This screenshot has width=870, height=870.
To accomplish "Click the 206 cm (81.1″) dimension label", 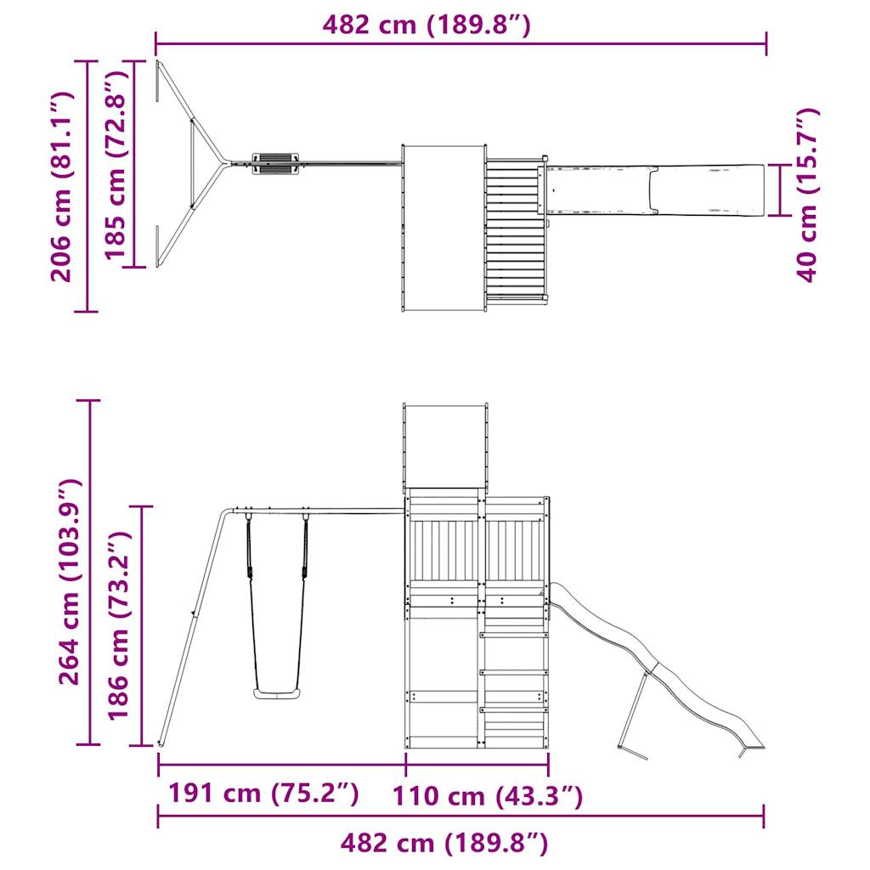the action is [x=61, y=186].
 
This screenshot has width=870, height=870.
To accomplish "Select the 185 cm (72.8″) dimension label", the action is [x=116, y=166].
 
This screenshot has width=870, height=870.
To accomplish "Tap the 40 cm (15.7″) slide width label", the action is [x=807, y=195].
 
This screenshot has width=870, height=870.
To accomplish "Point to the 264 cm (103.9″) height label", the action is [x=70, y=581].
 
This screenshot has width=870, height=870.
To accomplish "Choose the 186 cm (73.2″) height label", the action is [x=118, y=625].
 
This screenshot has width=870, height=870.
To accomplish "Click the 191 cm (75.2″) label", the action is [x=263, y=793].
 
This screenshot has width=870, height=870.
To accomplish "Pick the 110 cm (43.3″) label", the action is [x=488, y=796].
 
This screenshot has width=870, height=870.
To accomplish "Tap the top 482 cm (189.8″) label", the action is [x=427, y=25].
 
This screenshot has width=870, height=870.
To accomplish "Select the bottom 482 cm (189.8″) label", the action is [x=443, y=843].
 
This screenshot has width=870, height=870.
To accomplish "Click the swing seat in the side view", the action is [x=277, y=693].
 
